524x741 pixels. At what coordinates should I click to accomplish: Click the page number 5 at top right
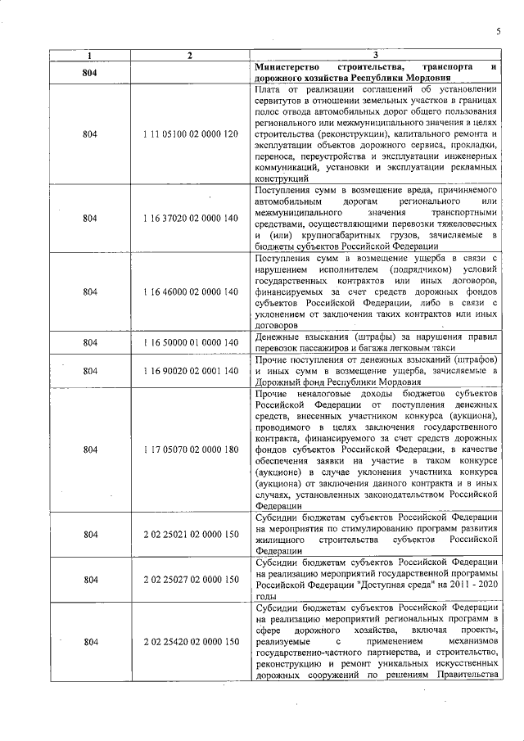coord(497,31)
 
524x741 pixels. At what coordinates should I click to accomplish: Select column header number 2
coord(189,55)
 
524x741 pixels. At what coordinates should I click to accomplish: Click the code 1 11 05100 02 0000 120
coord(189,133)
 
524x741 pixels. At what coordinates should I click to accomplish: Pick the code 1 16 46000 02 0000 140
coord(189,292)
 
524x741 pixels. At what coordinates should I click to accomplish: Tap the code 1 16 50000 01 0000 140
coord(189,341)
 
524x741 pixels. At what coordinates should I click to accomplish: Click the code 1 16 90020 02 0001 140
coord(189,371)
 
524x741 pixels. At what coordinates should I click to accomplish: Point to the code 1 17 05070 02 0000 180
coord(189,450)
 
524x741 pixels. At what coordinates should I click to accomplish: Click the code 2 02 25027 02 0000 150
coord(189,580)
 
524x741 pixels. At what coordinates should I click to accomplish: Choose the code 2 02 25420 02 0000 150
coord(189,644)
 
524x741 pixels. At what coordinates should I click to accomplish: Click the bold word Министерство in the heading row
coord(290,66)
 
